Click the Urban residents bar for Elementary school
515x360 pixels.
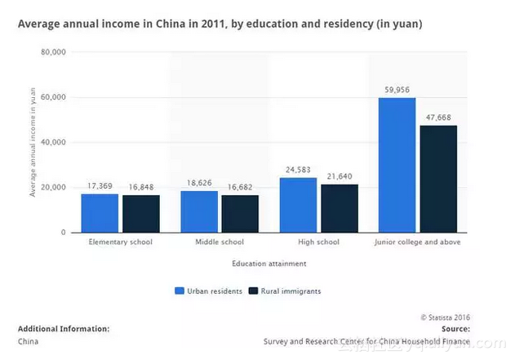tap(100, 213)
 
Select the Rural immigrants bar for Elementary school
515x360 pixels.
tap(141, 214)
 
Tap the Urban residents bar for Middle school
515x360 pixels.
tap(199, 211)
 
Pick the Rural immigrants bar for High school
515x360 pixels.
tap(339, 208)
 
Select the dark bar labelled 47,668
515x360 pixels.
tap(438, 179)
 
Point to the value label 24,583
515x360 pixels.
tap(299, 170)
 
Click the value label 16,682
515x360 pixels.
tap(239, 187)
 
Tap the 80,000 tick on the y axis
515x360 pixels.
tap(53, 52)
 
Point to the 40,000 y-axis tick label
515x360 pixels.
tap(53, 142)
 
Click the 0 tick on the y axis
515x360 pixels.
tap(63, 233)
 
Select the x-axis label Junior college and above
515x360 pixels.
tap(417, 242)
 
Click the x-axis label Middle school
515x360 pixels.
tap(219, 242)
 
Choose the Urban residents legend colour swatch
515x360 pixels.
tap(180, 291)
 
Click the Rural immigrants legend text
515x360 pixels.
tap(291, 291)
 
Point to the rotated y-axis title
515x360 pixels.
tap(33, 143)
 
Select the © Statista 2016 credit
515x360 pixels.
tap(446, 318)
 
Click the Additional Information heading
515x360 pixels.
tap(64, 329)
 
